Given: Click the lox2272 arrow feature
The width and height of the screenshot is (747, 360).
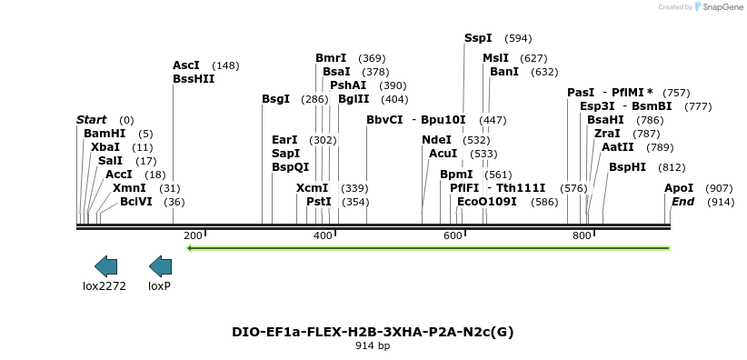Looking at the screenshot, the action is click(105, 265).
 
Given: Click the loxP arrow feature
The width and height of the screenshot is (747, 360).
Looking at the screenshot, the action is click(160, 265).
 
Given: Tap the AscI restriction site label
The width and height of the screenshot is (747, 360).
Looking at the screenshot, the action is click(185, 65).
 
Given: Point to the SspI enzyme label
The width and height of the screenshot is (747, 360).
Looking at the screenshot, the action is click(478, 38).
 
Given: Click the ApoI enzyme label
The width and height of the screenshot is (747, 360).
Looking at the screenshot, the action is click(678, 188).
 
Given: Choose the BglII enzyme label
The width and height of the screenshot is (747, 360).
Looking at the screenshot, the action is click(354, 99).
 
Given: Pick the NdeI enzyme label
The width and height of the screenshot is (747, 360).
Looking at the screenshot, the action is click(436, 140).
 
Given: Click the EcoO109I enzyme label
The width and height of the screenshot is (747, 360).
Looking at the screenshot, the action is click(486, 201).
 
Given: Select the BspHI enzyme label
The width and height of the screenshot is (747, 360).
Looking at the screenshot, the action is click(627, 167).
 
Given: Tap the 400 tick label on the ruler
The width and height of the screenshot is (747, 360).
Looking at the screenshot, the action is click(323, 235).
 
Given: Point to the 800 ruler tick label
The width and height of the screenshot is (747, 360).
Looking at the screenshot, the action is click(582, 235).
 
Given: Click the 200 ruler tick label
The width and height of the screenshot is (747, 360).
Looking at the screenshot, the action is click(193, 235).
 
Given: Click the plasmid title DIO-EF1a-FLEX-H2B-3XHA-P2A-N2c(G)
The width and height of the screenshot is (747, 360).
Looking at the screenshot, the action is click(373, 332).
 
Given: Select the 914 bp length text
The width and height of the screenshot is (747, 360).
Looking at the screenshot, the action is click(373, 346).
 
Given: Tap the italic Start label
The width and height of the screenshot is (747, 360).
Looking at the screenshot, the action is click(91, 120).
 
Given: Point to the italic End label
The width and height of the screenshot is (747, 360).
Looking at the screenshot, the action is click(682, 201).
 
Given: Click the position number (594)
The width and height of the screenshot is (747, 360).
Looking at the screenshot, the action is click(518, 38).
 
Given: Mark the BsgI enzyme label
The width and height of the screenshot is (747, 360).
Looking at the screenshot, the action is click(275, 99).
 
